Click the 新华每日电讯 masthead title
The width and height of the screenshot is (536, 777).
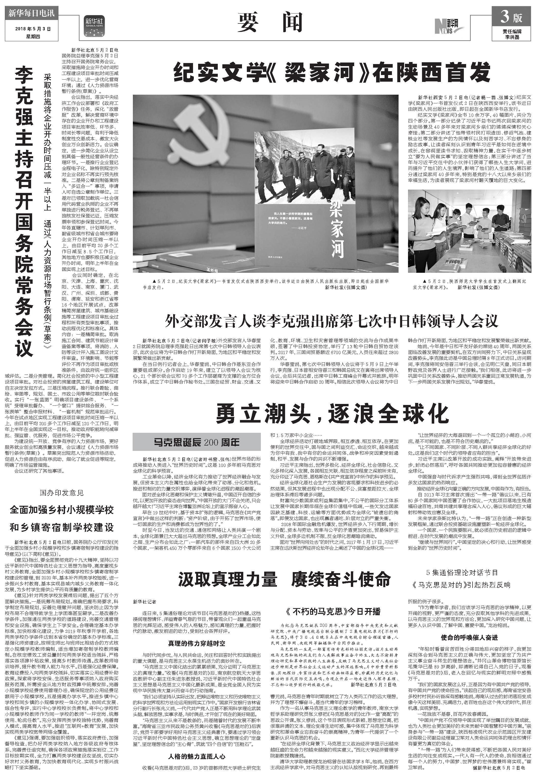[x=31, y=14]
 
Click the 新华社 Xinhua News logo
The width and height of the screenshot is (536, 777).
[x=94, y=26]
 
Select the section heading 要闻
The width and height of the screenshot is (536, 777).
[x=270, y=23]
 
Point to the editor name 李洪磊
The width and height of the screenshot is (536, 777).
[x=512, y=37]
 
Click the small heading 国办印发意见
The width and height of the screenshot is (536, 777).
[x=62, y=493]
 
